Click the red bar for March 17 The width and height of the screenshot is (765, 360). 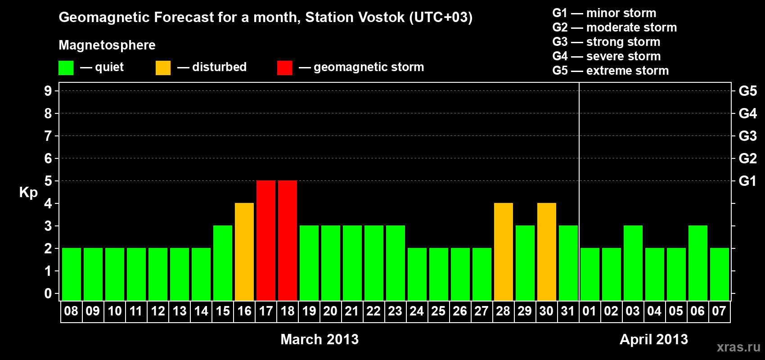click(x=266, y=240)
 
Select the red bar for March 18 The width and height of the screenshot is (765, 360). click(x=288, y=240)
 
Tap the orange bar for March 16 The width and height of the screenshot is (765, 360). click(x=244, y=252)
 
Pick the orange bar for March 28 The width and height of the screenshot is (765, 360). click(x=504, y=252)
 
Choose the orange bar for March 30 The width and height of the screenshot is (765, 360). click(x=547, y=252)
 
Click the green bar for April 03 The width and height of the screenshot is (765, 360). click(x=633, y=263)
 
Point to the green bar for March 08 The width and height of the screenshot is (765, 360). click(x=72, y=274)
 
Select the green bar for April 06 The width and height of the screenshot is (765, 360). click(x=697, y=263)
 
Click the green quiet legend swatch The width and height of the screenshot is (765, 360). click(x=66, y=67)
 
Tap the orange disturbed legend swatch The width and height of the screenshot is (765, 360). click(x=163, y=67)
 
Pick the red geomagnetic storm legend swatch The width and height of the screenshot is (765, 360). click(x=285, y=67)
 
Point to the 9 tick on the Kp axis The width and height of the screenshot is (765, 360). click(x=48, y=91)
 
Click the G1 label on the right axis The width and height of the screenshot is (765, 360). click(x=747, y=181)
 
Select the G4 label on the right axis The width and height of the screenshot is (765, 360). click(x=747, y=113)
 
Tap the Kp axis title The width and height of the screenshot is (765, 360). click(x=28, y=193)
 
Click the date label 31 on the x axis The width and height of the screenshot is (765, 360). click(x=568, y=311)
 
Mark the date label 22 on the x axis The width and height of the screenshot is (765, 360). click(x=373, y=311)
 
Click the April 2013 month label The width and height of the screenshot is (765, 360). click(x=654, y=339)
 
